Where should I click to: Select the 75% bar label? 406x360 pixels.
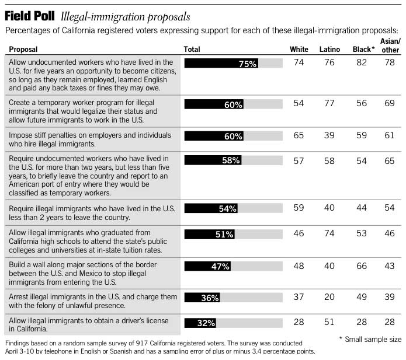tap(248, 64)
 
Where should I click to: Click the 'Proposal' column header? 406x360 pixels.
tap(24, 50)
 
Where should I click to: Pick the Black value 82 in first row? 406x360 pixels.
tap(362, 62)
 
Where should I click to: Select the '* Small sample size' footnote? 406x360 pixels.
tap(370, 339)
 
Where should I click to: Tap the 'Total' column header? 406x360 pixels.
tap(192, 50)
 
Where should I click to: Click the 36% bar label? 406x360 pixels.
tap(210, 298)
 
